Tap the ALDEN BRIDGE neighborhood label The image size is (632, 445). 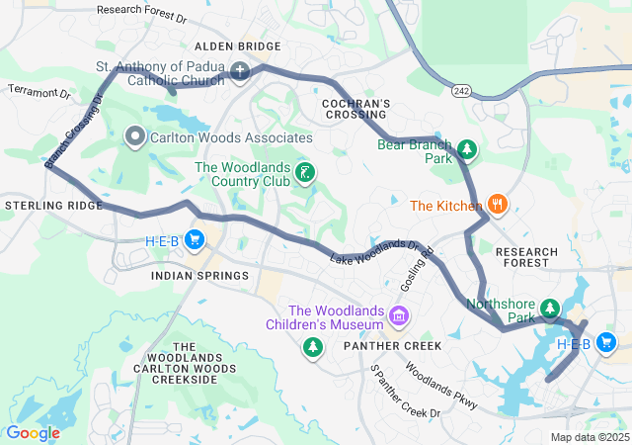click(237, 46)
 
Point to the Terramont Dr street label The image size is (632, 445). click(39, 92)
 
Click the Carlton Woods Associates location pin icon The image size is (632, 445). click(135, 138)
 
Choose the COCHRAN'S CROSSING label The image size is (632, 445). click(356, 110)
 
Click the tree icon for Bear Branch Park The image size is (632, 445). click(466, 151)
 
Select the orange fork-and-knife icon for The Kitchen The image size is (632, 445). click(497, 205)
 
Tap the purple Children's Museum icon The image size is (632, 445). click(399, 316)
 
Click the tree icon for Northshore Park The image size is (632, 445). click(549, 311)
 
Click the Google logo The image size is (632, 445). click(34, 433)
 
